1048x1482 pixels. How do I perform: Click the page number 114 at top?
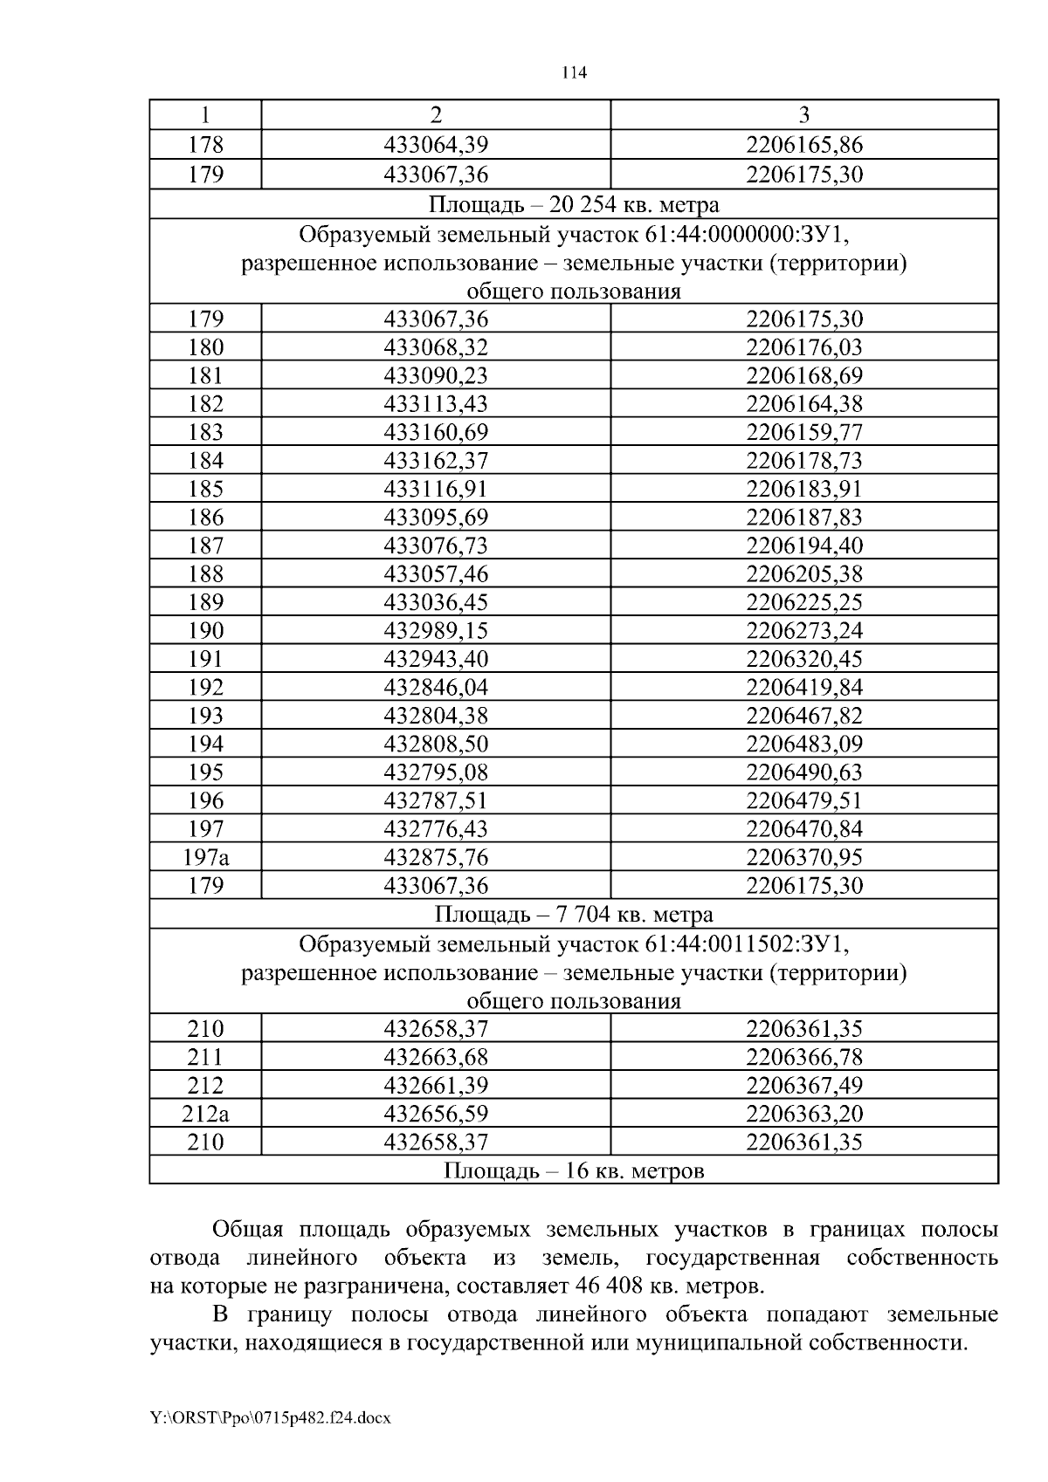tap(574, 74)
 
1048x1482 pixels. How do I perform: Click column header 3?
tap(803, 115)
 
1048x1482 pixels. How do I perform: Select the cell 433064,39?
tap(436, 145)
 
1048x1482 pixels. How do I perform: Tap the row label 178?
tap(205, 145)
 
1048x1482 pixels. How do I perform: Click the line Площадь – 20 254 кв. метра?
tap(574, 204)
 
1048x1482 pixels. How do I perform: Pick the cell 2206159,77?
tap(803, 432)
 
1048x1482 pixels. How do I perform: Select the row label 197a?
tap(205, 857)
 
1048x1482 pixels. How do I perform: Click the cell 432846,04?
tap(436, 687)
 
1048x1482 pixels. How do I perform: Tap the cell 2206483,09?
tap(803, 744)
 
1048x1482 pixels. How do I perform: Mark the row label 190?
tap(205, 630)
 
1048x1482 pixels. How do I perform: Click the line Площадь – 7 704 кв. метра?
tap(574, 914)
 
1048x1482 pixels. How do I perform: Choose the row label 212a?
tap(205, 1114)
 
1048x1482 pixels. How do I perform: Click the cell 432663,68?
tap(436, 1057)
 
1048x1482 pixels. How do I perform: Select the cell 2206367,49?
tap(803, 1086)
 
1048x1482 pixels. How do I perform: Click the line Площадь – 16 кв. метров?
tap(574, 1170)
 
